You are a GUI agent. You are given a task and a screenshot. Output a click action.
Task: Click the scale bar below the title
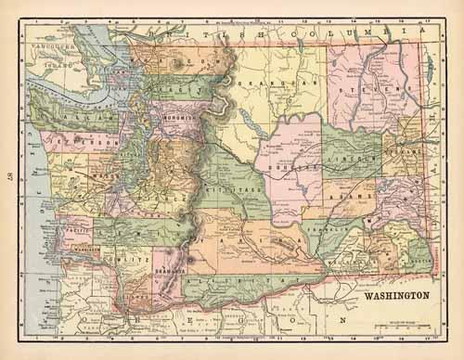[x=394, y=328]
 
